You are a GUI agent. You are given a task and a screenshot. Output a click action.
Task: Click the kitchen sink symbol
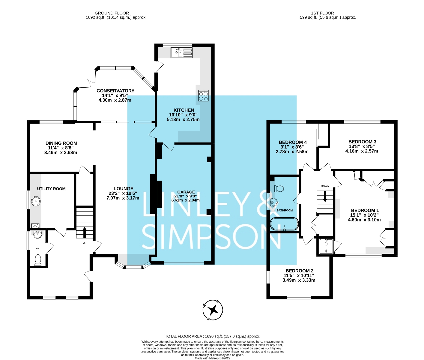pyautogui.click(x=181, y=53)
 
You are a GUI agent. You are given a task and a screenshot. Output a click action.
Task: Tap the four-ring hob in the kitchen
pyautogui.click(x=203, y=96)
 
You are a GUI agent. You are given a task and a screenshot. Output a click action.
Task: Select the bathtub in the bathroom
pyautogui.click(x=284, y=224)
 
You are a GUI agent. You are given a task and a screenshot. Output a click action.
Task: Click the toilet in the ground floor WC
pyautogui.click(x=38, y=260)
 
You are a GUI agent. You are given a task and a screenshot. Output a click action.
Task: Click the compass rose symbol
pyautogui.click(x=213, y=310)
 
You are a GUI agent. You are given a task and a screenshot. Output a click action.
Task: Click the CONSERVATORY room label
pyautogui.click(x=115, y=91)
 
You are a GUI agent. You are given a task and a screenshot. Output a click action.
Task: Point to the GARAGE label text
pyautogui.click(x=186, y=192)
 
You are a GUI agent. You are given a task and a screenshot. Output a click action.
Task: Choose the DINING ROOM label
pyautogui.click(x=61, y=143)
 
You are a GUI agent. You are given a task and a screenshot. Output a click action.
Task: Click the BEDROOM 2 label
pyautogui.click(x=299, y=271)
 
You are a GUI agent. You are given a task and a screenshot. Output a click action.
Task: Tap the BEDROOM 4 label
pyautogui.click(x=293, y=142)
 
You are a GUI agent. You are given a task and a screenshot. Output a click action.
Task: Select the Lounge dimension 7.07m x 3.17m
pyautogui.click(x=123, y=198)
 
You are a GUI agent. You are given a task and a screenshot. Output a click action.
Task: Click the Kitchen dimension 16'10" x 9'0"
pyautogui.click(x=183, y=115)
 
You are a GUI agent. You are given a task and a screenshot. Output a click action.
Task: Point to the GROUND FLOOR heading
pyautogui.click(x=112, y=13)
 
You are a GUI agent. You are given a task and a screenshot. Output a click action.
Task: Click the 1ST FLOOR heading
pyautogui.click(x=322, y=13)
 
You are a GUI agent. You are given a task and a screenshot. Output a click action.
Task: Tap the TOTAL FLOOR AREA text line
pyautogui.click(x=212, y=336)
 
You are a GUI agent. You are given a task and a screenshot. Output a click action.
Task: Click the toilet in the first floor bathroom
pyautogui.click(x=279, y=189)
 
